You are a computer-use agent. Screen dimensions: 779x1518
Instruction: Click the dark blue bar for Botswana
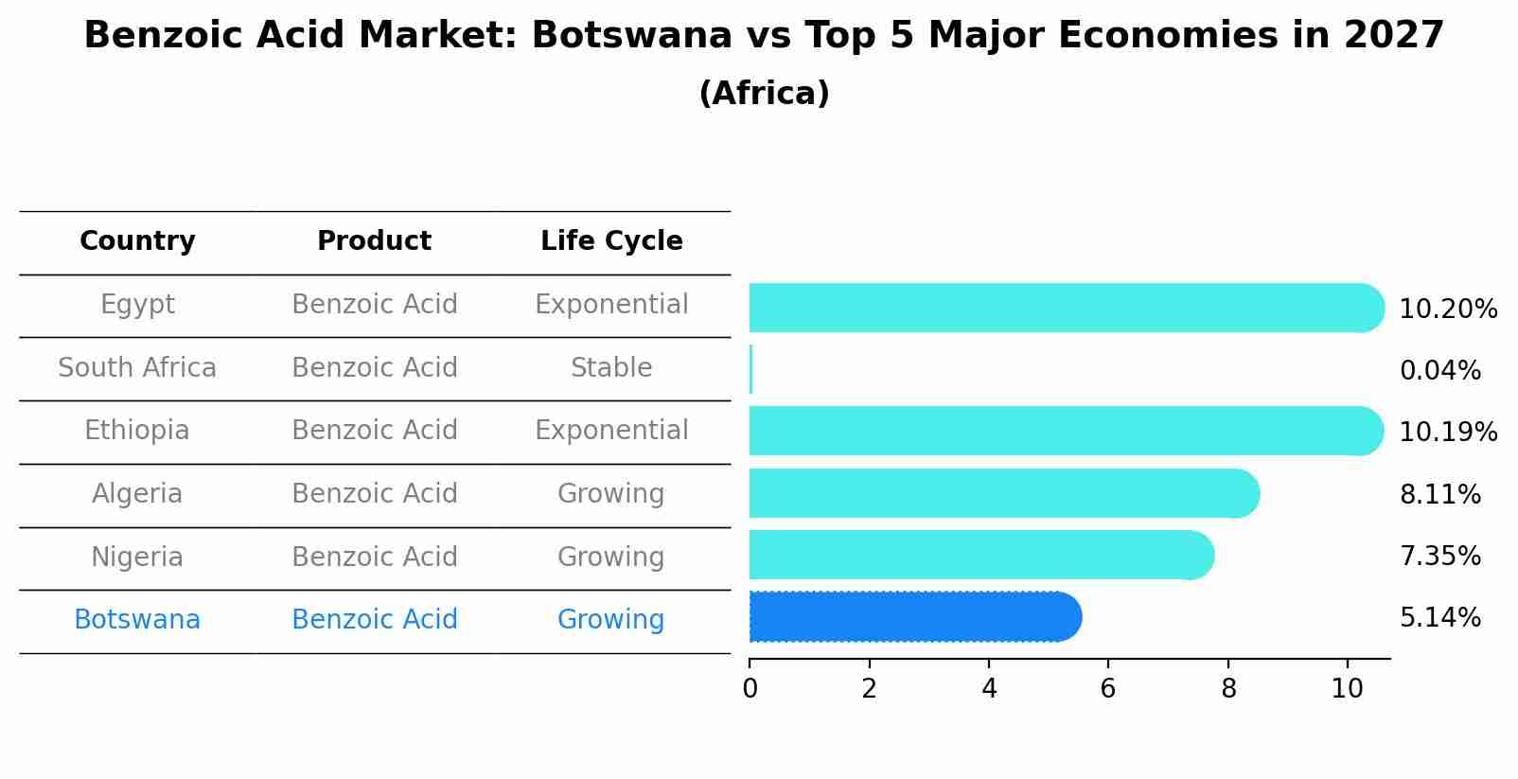tap(913, 617)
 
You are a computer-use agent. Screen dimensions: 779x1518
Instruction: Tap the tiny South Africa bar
tap(751, 369)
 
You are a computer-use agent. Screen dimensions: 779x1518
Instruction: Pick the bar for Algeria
tap(1003, 493)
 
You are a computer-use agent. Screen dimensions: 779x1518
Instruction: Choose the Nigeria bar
tap(980, 555)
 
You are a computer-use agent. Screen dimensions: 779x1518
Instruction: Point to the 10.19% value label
tap(1447, 433)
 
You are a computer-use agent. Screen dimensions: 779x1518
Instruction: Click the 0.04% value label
tap(1439, 371)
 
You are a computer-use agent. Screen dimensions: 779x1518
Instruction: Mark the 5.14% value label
tap(1439, 618)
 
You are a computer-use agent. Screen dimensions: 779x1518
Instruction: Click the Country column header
tap(137, 241)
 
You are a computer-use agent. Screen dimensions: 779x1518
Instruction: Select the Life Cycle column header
tap(611, 241)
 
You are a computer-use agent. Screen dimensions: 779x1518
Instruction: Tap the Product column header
tap(374, 241)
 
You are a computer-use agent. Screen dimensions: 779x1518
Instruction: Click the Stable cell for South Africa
tap(611, 368)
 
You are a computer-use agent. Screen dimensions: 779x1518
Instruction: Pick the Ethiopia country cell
tap(137, 431)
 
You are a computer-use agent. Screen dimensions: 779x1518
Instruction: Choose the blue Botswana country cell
tap(137, 620)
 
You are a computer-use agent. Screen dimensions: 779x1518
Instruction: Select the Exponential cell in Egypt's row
tap(611, 305)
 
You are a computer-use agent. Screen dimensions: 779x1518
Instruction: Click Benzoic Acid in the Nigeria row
tap(374, 557)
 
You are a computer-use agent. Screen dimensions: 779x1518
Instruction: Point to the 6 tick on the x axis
tap(1108, 689)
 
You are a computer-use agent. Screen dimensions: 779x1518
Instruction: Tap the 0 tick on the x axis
tap(750, 689)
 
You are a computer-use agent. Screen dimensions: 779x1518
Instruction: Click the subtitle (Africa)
tap(764, 94)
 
